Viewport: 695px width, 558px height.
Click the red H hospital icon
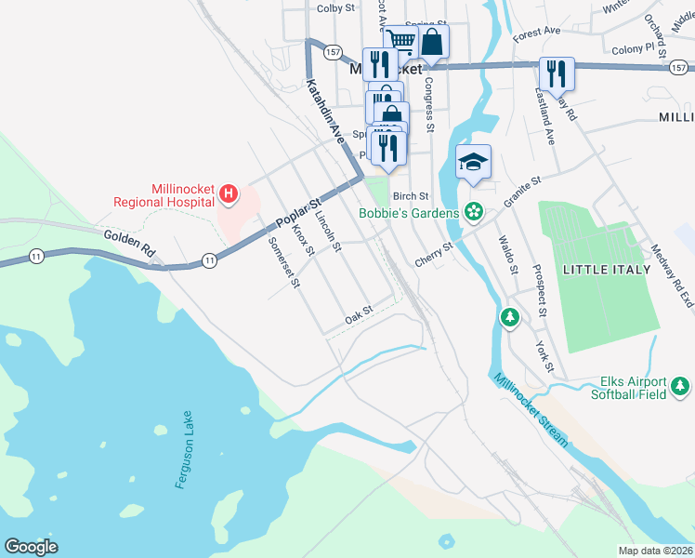[x=229, y=194]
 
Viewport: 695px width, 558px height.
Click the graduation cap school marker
[x=473, y=162]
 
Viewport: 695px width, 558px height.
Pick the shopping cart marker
[x=400, y=40]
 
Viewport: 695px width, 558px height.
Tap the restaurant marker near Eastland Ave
[x=557, y=72]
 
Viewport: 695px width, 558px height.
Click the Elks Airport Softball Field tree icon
[x=680, y=385]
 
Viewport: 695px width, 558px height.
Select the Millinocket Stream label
[x=531, y=410]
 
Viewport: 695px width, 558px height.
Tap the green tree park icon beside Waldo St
[x=509, y=318]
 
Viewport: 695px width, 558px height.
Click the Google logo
[x=31, y=546]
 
